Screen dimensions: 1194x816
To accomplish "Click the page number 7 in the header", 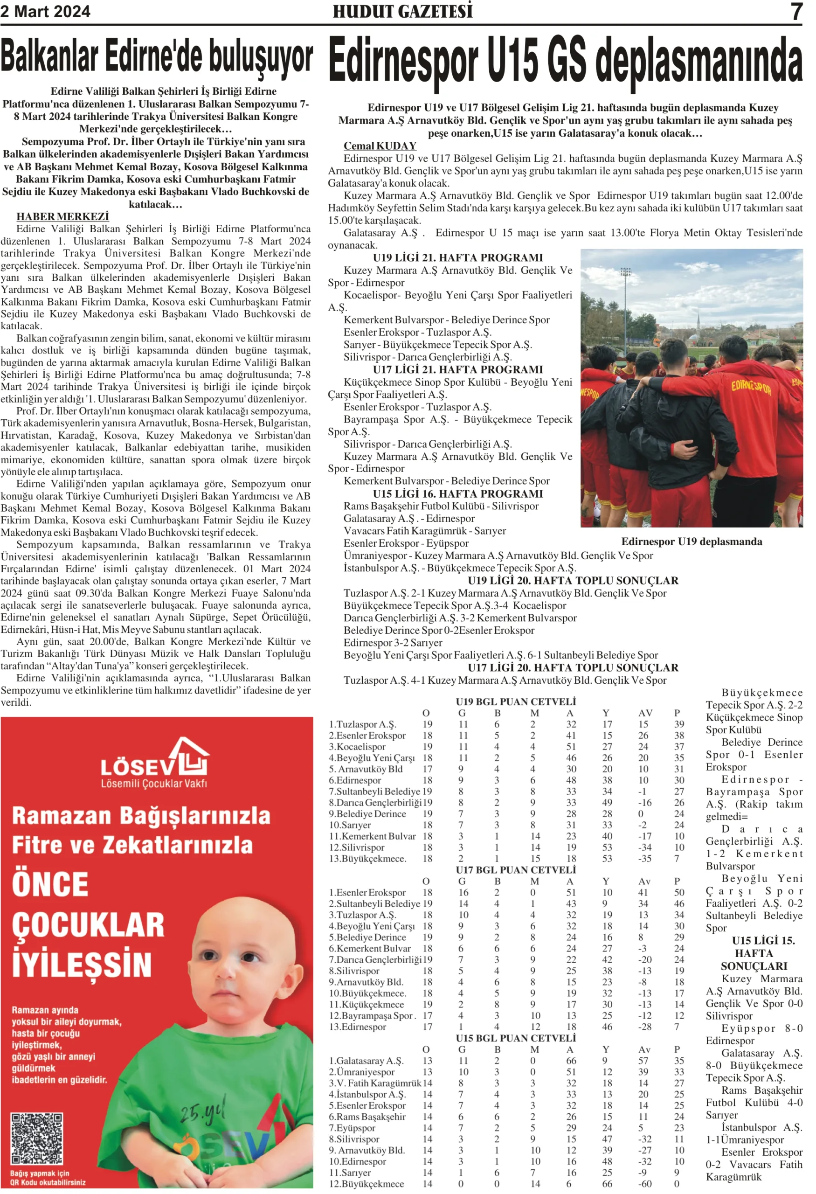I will click(795, 11).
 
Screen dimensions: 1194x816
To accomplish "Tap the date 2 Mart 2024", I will click(45, 11).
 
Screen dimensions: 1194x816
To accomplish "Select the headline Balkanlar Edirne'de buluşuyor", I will click(157, 57).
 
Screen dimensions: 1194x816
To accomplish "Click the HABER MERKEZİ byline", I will click(62, 216).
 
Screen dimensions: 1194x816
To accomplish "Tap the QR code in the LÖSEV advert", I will click(36, 1138).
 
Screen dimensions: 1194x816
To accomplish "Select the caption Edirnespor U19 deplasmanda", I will click(691, 541).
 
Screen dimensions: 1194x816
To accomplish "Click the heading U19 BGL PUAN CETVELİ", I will click(516, 701).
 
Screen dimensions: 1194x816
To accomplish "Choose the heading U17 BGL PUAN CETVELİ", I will click(516, 870).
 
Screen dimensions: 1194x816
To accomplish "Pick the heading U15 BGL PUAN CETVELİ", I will click(516, 1038).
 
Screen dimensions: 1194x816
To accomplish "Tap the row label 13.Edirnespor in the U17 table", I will click(358, 1027).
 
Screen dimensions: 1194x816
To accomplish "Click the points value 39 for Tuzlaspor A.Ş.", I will click(679, 724).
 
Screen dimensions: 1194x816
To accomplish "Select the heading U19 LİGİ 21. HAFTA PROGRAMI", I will click(457, 257).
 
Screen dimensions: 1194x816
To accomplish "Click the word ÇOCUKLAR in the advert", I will click(88, 925).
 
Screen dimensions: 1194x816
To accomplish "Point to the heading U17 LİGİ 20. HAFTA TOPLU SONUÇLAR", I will click(573, 667).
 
